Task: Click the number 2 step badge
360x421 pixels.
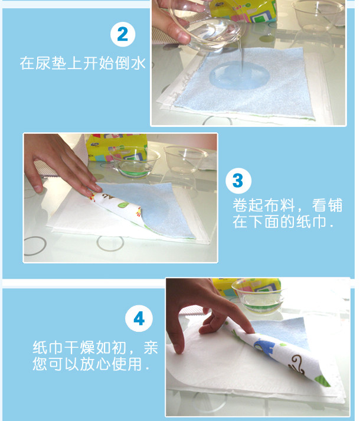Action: [x=123, y=34]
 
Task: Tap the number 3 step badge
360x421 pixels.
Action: [x=238, y=181]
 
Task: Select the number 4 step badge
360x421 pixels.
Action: [x=139, y=319]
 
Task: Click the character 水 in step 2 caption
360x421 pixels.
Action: [x=138, y=63]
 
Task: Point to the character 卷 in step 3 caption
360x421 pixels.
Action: [x=240, y=205]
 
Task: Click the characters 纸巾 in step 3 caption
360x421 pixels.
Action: [x=311, y=221]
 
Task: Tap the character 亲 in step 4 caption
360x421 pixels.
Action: [x=150, y=348]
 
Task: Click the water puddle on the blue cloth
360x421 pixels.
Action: [x=239, y=75]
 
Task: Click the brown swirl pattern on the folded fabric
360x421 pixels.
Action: [x=297, y=364]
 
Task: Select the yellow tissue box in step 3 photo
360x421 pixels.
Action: [x=117, y=148]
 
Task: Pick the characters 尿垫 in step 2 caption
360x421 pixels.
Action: [x=51, y=63]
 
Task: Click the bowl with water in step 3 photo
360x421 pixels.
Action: [x=135, y=162]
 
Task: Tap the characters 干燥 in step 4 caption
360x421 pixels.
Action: [x=80, y=348]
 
